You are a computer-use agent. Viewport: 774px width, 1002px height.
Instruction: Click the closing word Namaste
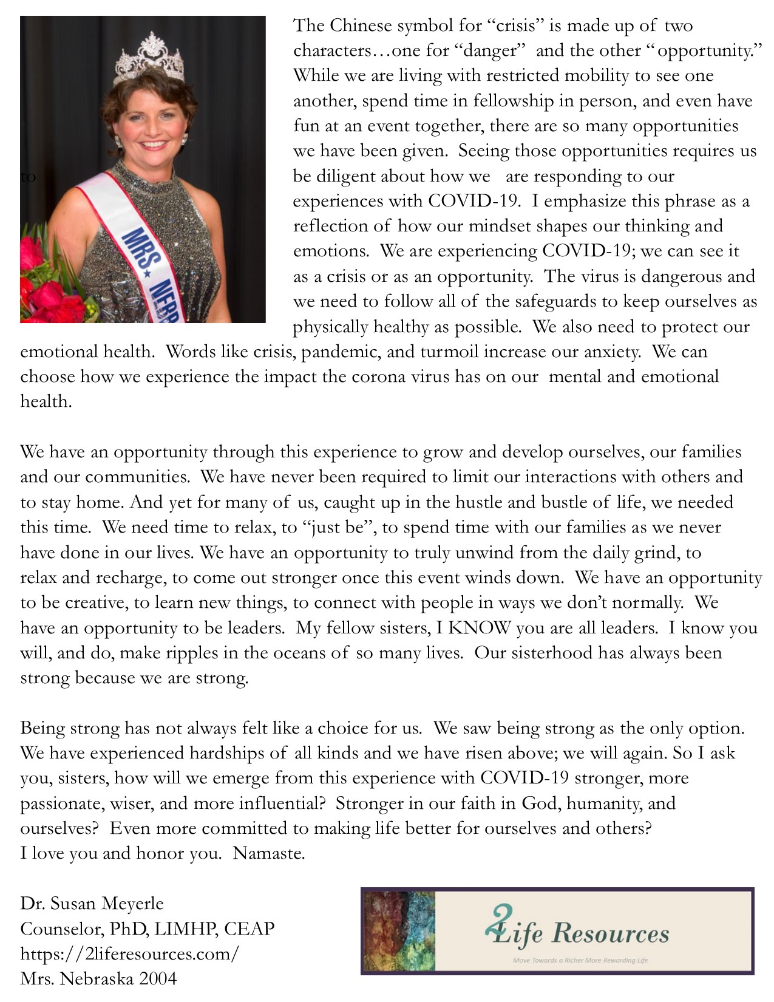tap(268, 854)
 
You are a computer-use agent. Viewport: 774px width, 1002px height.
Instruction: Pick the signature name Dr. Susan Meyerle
tap(92, 904)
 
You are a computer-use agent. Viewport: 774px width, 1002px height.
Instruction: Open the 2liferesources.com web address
tap(130, 953)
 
